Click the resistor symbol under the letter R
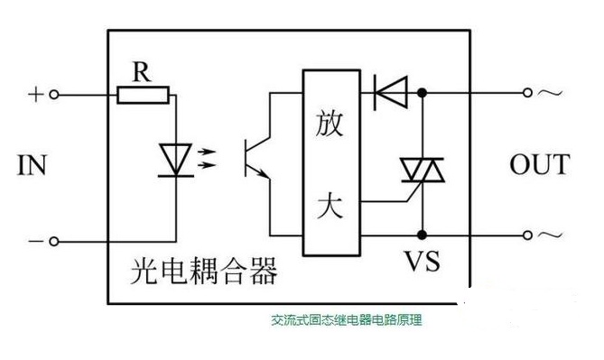(143, 95)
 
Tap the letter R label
(142, 71)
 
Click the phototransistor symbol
(257, 158)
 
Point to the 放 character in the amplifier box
(330, 124)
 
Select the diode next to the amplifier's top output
(391, 93)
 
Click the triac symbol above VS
(423, 171)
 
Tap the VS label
(422, 261)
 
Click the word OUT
(540, 164)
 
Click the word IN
(32, 165)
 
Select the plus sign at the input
(35, 95)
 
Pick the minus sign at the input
(35, 242)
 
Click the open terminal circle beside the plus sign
(54, 95)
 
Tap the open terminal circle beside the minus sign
(54, 242)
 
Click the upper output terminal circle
(527, 93)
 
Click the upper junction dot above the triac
(423, 93)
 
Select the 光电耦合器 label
(204, 271)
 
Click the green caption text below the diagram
(347, 319)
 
